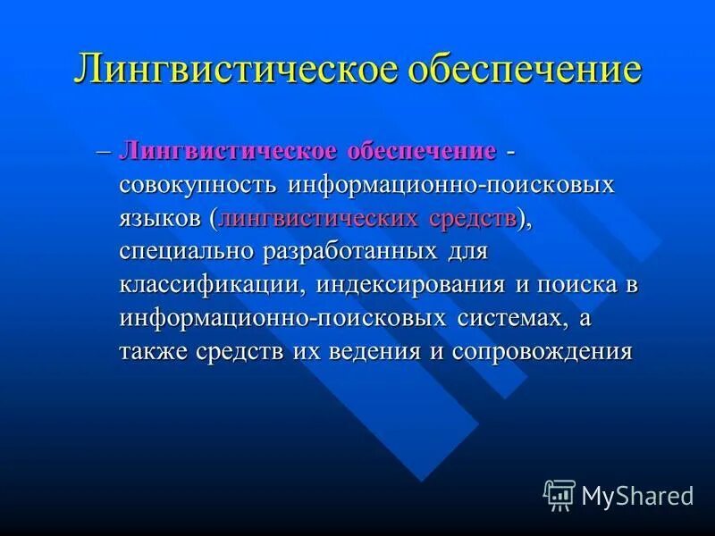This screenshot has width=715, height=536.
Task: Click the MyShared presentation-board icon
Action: pos(559,494)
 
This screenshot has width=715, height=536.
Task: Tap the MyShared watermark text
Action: pos(637,495)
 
